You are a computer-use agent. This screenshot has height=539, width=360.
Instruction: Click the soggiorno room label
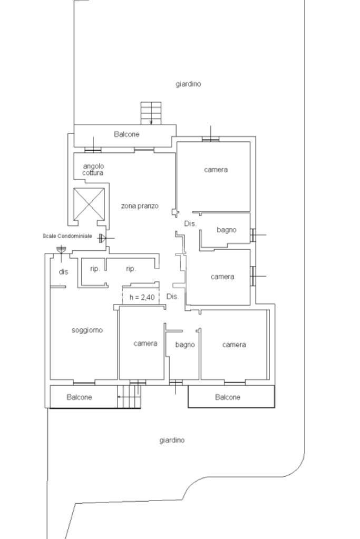87,330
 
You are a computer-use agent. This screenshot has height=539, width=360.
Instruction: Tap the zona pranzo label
140,206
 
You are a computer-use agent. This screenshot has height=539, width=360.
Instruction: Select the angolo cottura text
93,169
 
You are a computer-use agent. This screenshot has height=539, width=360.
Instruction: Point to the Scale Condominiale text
67,236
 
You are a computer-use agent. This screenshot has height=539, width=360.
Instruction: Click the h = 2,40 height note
142,298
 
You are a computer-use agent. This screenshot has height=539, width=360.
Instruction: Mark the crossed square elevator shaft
89,203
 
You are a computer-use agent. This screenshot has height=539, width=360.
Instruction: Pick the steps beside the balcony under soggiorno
129,396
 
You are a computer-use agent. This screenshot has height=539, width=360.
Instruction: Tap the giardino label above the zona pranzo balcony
188,84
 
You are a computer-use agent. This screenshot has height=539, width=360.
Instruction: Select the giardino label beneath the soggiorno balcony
172,440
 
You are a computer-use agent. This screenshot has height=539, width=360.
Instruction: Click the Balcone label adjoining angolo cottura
127,134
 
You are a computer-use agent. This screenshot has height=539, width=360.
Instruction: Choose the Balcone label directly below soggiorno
79,397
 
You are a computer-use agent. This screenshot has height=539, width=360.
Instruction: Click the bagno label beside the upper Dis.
227,230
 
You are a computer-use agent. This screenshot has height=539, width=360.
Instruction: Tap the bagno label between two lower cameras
185,345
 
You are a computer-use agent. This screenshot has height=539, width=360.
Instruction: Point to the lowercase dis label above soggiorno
63,272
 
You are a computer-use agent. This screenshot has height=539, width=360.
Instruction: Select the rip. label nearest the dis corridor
95,269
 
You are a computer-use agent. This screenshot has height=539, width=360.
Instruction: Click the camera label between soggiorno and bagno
145,344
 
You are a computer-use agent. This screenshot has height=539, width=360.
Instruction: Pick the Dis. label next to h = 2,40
172,297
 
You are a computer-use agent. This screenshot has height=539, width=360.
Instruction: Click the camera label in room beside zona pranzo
216,170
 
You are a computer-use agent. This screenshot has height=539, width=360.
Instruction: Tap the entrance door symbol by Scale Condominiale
102,238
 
